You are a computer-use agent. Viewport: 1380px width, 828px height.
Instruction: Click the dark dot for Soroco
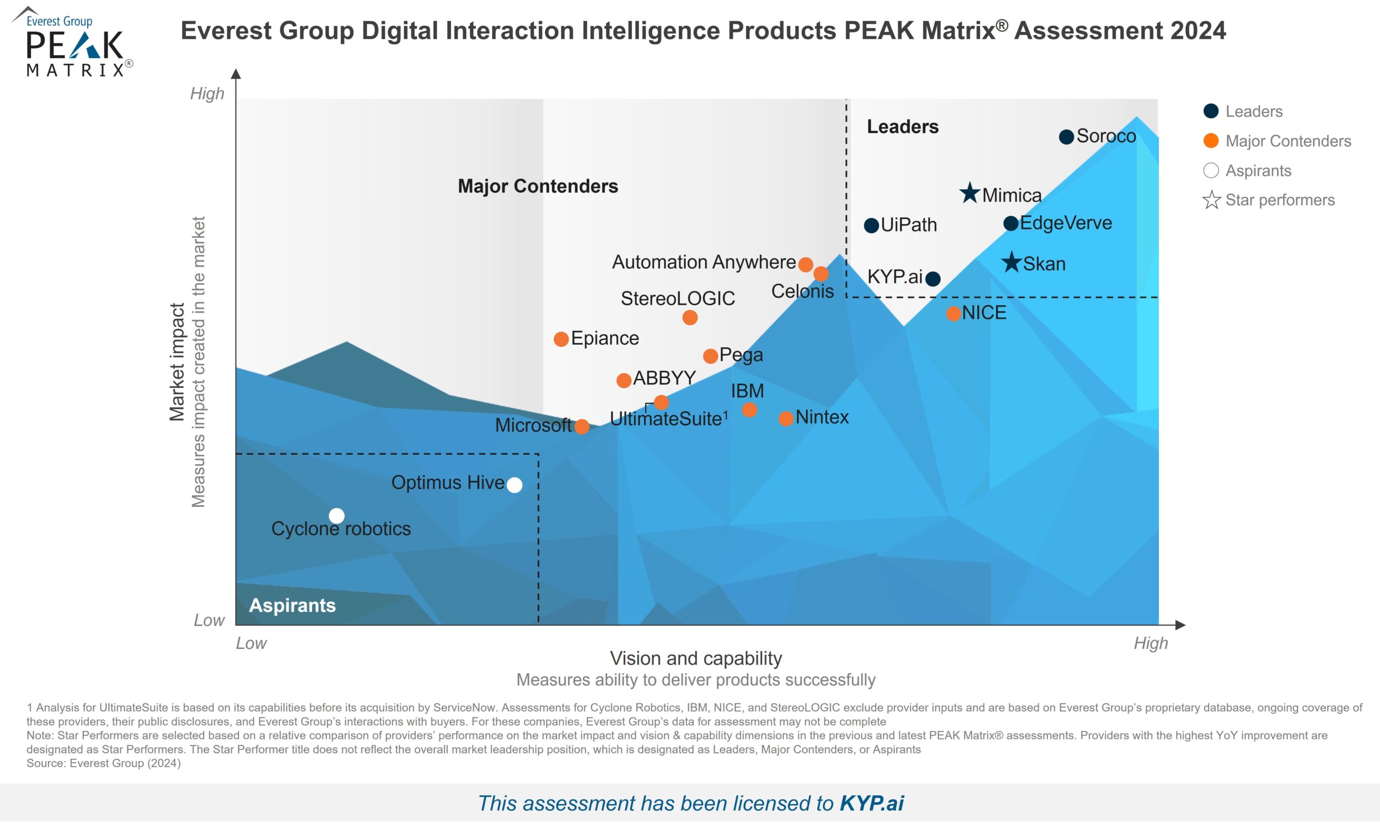coord(1066,136)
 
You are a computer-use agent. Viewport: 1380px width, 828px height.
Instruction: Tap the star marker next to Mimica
coord(970,194)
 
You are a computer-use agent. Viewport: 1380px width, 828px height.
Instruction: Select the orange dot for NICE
coord(954,313)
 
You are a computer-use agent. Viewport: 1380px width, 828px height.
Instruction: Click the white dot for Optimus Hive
coord(515,485)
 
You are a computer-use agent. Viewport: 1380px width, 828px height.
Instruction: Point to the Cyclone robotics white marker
coord(336,516)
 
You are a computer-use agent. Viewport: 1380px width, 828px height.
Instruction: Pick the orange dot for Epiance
coord(561,339)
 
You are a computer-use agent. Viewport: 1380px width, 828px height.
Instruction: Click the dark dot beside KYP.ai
coord(933,278)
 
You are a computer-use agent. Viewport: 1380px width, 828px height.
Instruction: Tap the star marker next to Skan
coord(1011,262)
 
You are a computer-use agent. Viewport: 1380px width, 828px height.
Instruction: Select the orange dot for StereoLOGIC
coord(689,318)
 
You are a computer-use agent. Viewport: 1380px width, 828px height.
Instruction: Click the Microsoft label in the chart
coord(533,426)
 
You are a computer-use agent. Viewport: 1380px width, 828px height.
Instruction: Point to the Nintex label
coord(822,417)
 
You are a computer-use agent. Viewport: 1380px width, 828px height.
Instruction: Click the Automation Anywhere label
coord(703,262)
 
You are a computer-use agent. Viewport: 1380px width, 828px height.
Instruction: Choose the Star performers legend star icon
coord(1211,200)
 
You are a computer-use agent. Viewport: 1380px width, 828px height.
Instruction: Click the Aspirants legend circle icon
coord(1211,170)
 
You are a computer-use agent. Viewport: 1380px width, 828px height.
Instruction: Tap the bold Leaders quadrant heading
coord(902,127)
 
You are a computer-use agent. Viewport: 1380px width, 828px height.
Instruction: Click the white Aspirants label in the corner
coord(292,605)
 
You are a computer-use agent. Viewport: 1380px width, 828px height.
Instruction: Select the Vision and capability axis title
coord(696,659)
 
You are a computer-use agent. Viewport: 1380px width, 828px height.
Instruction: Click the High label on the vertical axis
coord(207,93)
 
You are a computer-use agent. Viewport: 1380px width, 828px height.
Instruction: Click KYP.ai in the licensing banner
coord(871,803)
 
